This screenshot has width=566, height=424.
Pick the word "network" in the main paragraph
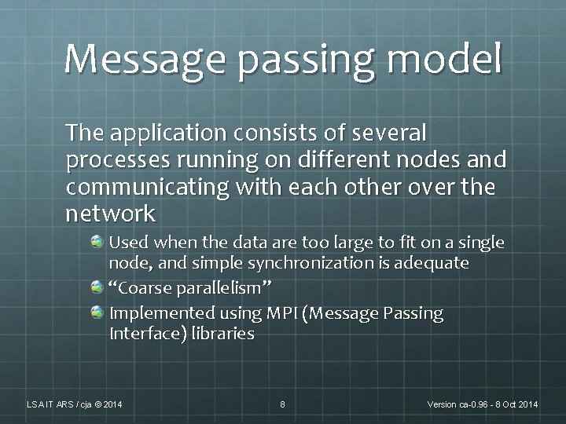coord(111,214)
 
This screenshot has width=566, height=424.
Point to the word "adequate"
coord(435,263)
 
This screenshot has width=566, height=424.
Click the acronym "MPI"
coord(281,314)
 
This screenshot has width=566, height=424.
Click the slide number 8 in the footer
coord(282,404)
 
